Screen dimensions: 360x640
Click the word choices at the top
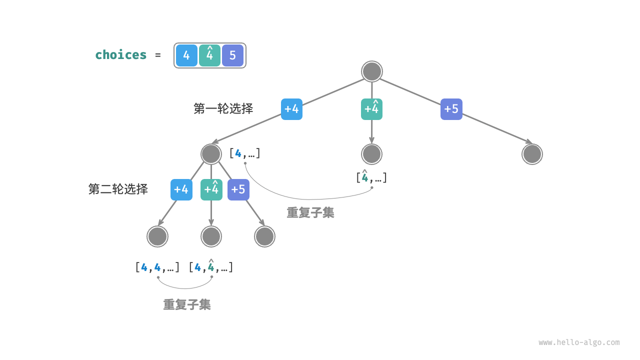pos(121,55)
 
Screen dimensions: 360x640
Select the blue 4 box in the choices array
pos(186,55)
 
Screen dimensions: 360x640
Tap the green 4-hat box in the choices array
pos(209,55)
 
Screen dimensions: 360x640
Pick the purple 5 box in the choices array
pos(232,55)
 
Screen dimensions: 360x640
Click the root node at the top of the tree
pos(371,71)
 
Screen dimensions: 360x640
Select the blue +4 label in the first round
pos(291,109)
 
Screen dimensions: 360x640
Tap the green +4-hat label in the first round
pos(371,109)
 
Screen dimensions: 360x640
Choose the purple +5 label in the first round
pos(451,109)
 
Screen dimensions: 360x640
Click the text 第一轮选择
pos(223,108)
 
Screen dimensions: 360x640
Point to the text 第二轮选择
pos(118,189)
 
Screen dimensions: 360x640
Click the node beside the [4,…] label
pos(211,154)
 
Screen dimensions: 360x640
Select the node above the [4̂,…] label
pos(371,154)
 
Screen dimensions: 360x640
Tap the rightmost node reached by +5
pos(532,154)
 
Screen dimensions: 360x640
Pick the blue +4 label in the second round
pos(181,189)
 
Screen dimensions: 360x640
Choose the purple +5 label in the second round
pos(238,189)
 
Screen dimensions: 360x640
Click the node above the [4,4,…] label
pos(157,236)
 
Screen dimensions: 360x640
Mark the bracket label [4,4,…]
pos(157,267)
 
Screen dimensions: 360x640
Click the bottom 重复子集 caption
pos(187,304)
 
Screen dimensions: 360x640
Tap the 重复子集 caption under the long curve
pos(310,212)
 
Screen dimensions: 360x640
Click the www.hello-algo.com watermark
pos(579,342)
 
